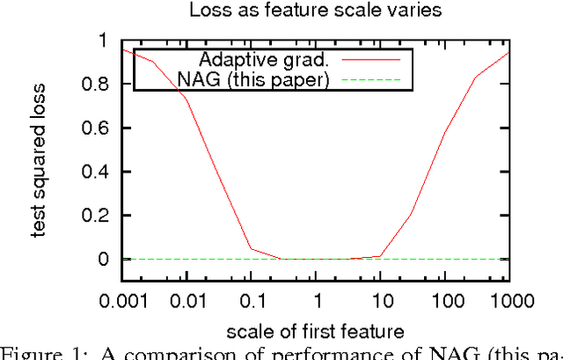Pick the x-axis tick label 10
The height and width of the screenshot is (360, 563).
[x=380, y=301]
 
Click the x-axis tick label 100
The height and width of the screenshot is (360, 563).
[x=445, y=301]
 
